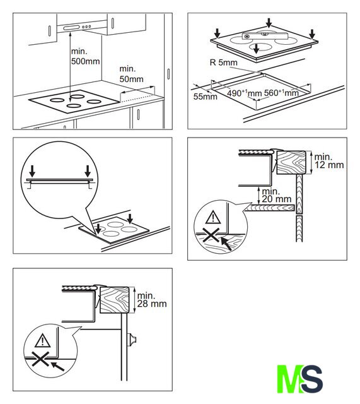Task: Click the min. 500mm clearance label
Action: point(85,56)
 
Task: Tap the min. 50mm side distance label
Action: point(131,74)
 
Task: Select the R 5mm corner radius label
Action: point(224,62)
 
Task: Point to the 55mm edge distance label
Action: point(205,97)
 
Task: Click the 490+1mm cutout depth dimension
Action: point(244,93)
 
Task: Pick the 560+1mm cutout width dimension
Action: point(281,93)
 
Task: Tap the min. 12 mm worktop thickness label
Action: point(329,161)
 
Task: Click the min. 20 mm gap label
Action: point(276,195)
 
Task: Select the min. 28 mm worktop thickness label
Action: point(151,300)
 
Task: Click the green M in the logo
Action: point(290,379)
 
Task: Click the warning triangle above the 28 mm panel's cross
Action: point(42,340)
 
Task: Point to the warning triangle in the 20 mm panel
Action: point(213,217)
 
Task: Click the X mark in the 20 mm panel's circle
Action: point(211,235)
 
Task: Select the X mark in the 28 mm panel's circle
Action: point(40,359)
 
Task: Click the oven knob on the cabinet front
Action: point(132,340)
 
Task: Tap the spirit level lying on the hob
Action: point(264,37)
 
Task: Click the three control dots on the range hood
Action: point(87,27)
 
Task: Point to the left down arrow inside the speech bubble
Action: point(32,171)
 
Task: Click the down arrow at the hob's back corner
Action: point(269,23)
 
